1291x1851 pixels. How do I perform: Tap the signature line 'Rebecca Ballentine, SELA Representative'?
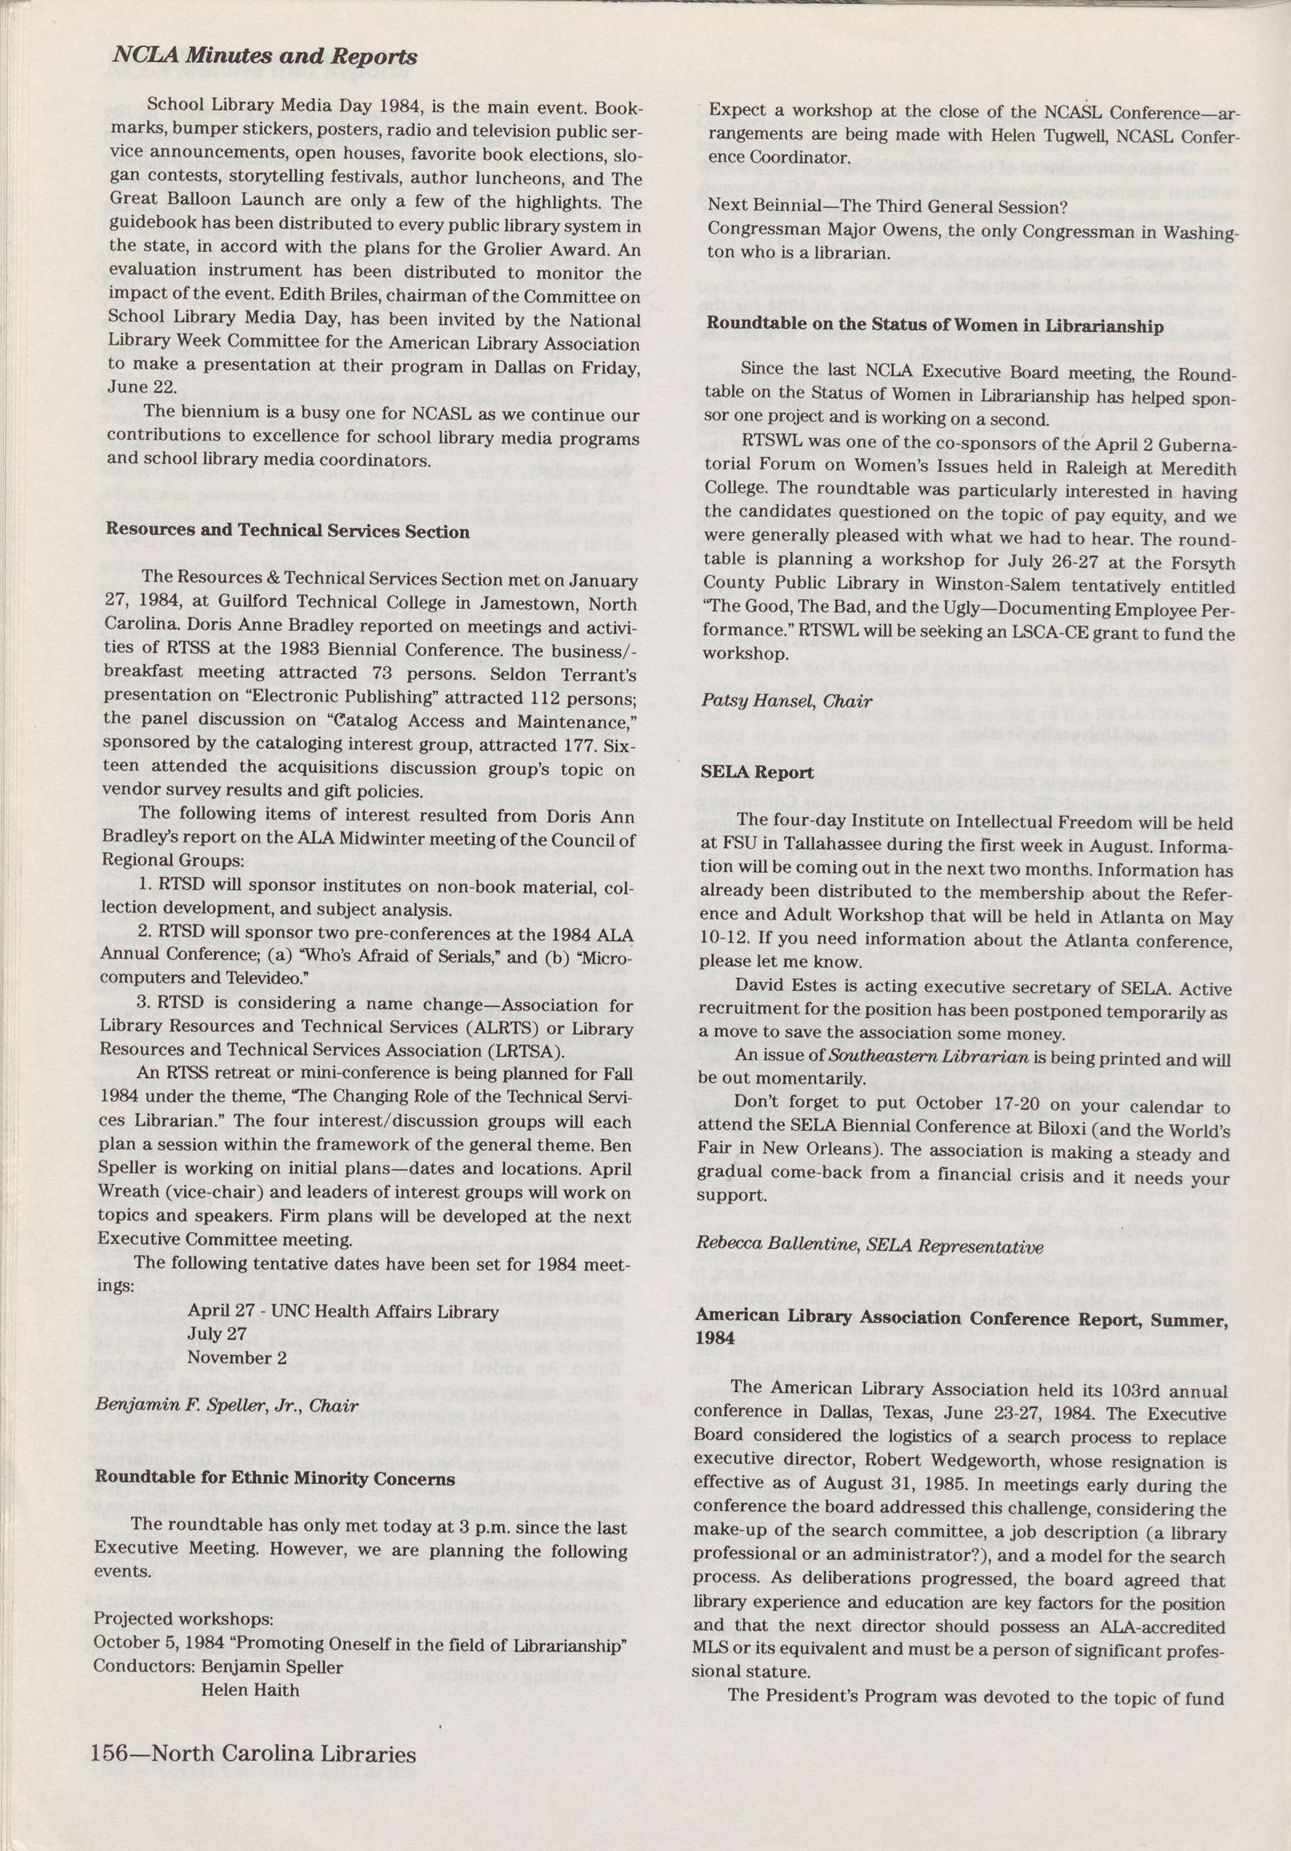[869, 1246]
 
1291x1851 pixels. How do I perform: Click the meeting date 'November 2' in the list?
[237, 1357]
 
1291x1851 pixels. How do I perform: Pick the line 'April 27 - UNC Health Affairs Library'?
[343, 1312]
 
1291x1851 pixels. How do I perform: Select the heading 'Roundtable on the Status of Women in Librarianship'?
[935, 326]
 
